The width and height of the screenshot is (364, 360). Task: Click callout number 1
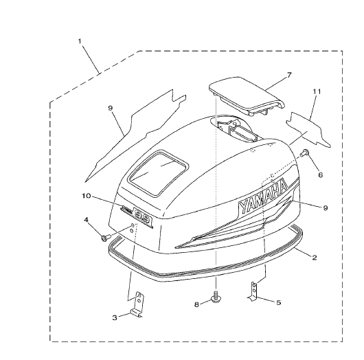[x=80, y=41]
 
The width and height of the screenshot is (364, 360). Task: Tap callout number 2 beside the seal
[x=315, y=258]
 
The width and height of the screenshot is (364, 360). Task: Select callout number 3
[x=115, y=317]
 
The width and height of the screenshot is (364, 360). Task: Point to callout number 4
[x=86, y=219]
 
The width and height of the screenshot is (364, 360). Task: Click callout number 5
[x=279, y=302]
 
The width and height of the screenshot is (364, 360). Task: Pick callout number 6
[x=321, y=175]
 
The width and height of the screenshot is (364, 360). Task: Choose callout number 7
[x=289, y=75]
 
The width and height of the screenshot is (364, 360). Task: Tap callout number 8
[x=196, y=304]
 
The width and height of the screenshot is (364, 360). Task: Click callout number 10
[x=86, y=196]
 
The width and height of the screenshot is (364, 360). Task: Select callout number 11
[x=317, y=92]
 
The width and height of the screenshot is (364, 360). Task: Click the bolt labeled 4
[x=104, y=238]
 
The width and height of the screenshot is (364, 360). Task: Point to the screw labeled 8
[x=216, y=297]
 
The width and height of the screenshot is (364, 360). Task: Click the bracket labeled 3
[x=137, y=304]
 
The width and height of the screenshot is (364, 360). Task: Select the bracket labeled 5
[x=253, y=291]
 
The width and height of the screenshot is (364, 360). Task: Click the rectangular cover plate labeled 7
[x=246, y=95]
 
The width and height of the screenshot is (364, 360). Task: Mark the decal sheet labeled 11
[x=308, y=129]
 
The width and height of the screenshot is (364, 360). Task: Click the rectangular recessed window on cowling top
[x=159, y=173]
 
